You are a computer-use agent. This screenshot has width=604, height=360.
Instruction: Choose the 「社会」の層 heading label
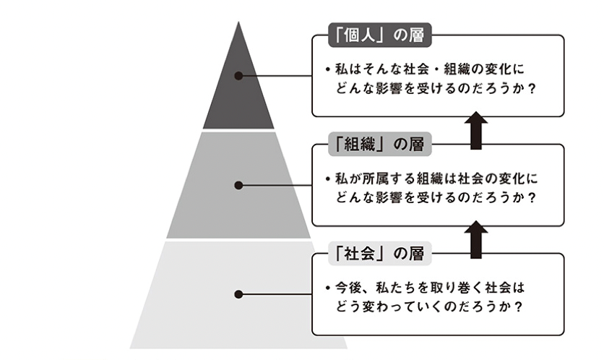(376, 254)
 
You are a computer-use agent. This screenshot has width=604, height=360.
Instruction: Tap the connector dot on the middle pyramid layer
(238, 186)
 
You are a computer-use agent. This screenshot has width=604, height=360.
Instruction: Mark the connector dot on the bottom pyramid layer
(238, 294)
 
